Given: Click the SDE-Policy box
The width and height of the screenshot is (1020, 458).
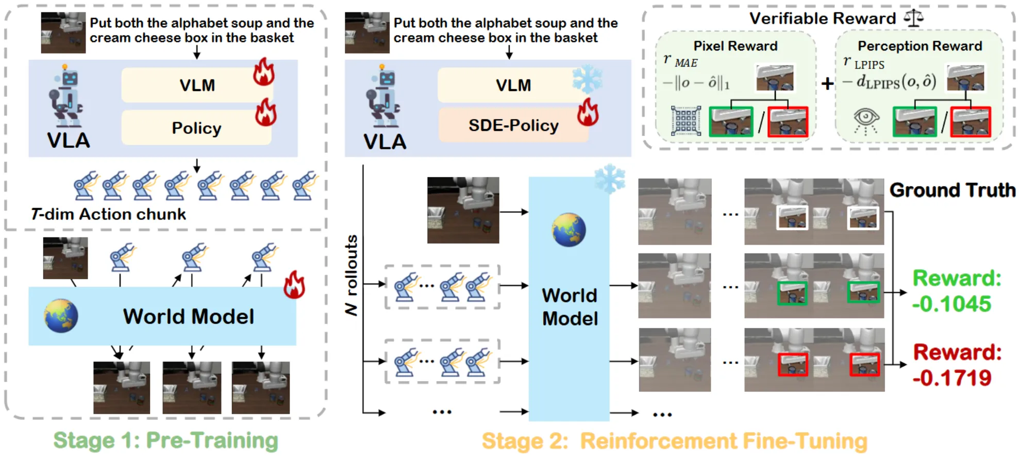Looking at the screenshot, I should click(x=513, y=125).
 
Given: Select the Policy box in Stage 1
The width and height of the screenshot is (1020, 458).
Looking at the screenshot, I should click(x=196, y=128).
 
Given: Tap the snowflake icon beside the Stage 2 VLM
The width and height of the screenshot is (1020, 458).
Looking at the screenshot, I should click(x=587, y=79).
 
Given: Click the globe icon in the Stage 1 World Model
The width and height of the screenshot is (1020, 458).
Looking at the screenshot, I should click(x=61, y=316).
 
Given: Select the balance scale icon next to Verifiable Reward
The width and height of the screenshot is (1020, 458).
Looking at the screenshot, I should click(x=913, y=18).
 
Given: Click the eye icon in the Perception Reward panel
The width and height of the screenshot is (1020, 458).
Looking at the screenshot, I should click(x=866, y=121).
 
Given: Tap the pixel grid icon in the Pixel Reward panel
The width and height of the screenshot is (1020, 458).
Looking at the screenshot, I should click(x=686, y=121).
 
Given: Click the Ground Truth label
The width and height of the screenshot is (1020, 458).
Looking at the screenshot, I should click(x=952, y=190).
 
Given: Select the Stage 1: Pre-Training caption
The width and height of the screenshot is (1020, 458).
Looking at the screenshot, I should click(x=165, y=440).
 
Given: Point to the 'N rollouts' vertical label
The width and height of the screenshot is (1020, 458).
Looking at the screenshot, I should click(x=352, y=275).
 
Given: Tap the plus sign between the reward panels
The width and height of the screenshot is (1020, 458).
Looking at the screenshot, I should click(x=827, y=83).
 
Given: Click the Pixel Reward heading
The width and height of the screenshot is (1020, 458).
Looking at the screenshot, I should click(x=735, y=46).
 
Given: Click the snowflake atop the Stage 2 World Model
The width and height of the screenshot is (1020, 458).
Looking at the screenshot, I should click(x=610, y=178).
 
